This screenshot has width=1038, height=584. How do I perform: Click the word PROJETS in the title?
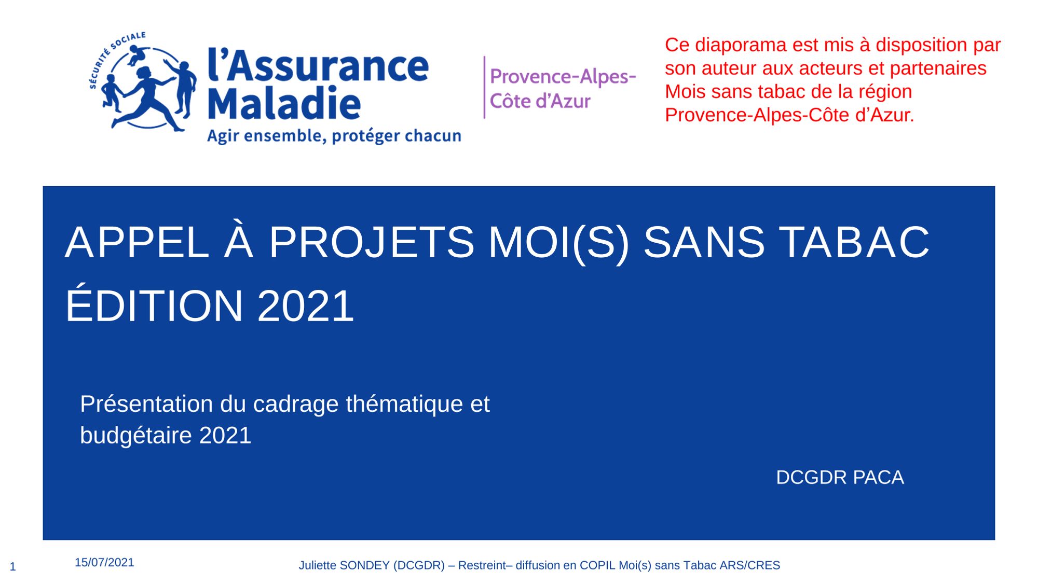[x=371, y=242]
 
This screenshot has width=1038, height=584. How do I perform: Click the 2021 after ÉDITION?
[x=306, y=306]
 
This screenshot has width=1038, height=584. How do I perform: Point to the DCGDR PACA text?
[x=840, y=477]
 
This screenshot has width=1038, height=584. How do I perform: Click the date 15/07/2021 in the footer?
[x=104, y=562]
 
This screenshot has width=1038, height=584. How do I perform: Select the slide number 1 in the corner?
[x=13, y=567]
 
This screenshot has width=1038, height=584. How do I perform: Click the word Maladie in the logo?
[x=284, y=103]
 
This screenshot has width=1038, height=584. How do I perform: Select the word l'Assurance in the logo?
[x=318, y=65]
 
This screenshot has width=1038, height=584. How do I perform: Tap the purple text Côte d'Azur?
[x=540, y=101]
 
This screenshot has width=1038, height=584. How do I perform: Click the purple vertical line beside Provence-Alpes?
[x=484, y=87]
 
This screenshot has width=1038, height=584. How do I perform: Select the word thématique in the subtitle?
[x=404, y=404]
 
